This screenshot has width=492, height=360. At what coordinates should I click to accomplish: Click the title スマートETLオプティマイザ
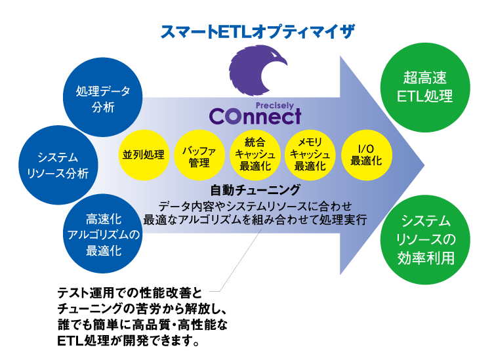[x=257, y=31]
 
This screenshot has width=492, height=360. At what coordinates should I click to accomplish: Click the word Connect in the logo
[x=255, y=116]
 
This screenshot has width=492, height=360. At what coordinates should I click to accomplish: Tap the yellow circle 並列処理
[x=142, y=155]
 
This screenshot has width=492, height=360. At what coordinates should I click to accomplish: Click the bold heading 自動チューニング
[x=255, y=190]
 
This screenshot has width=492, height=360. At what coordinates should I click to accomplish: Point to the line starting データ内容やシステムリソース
[x=255, y=205]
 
